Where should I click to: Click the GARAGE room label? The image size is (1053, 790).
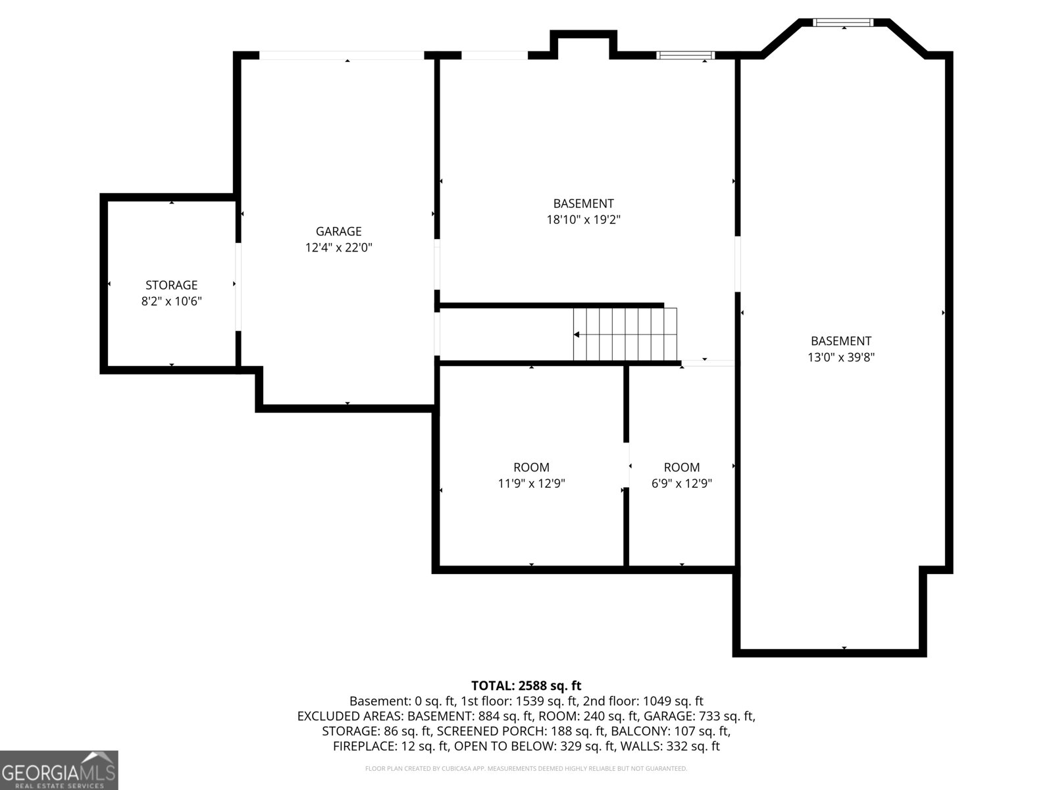point(338,231)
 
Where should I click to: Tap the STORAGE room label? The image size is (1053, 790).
point(171,285)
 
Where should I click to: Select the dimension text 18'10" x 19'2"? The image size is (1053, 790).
point(583,220)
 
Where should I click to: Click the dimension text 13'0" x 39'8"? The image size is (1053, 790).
point(840,357)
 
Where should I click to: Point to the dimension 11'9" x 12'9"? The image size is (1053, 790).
point(531,484)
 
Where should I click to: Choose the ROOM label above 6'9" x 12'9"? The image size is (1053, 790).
point(681,467)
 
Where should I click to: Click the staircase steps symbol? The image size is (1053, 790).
point(625,334)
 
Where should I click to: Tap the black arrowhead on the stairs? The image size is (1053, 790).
point(577,335)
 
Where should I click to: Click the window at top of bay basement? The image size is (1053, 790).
point(843,22)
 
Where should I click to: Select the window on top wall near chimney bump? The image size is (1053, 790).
point(685,55)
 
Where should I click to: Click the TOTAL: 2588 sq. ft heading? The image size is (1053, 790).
point(526,686)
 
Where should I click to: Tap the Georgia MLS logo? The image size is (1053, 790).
point(59,770)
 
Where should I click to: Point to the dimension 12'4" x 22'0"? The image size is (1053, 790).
point(338,248)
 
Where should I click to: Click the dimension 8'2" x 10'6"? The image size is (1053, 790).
point(171,302)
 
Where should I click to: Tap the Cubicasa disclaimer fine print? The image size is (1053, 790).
point(526,768)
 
